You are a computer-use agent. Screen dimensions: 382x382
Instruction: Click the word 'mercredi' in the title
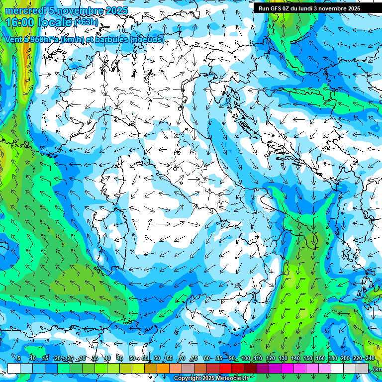[25, 11]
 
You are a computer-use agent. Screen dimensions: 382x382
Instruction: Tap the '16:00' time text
[19, 22]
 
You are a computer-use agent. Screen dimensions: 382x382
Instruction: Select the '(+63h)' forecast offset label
[87, 22]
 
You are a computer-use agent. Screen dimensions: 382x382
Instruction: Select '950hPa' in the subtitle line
[43, 39]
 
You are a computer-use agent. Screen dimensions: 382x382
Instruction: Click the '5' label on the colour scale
[19, 358]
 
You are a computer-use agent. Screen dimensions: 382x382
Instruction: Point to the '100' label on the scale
[245, 358]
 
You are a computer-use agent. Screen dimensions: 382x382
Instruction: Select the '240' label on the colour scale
[370, 358]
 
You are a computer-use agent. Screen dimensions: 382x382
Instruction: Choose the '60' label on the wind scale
[157, 358]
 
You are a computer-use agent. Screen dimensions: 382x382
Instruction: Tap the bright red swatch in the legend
[225, 369]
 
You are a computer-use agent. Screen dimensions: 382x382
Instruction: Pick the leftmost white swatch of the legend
[14, 369]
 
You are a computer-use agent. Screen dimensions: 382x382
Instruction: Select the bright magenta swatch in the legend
[287, 369]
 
